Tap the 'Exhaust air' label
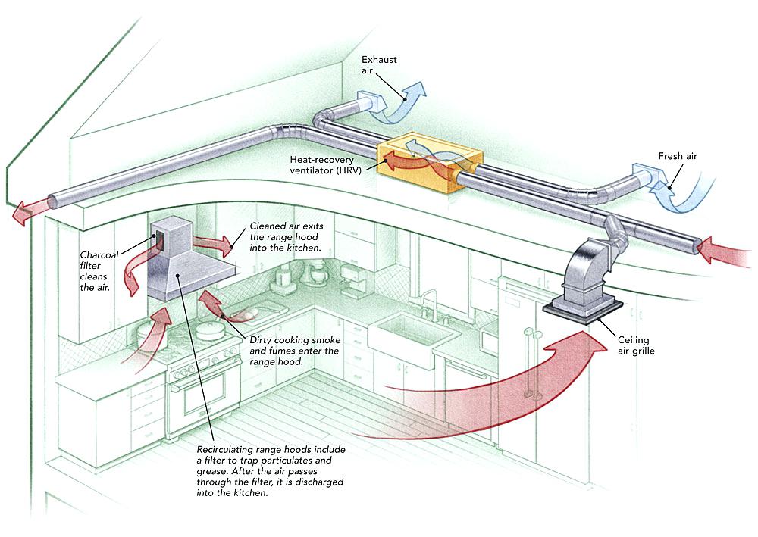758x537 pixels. click(379, 64)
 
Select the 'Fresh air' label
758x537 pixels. click(677, 156)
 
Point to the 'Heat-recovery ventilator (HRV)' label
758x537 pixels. click(325, 164)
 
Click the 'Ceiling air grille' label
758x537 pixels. click(636, 345)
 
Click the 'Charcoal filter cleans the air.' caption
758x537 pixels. click(99, 271)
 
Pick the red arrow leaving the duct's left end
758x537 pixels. click(28, 211)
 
